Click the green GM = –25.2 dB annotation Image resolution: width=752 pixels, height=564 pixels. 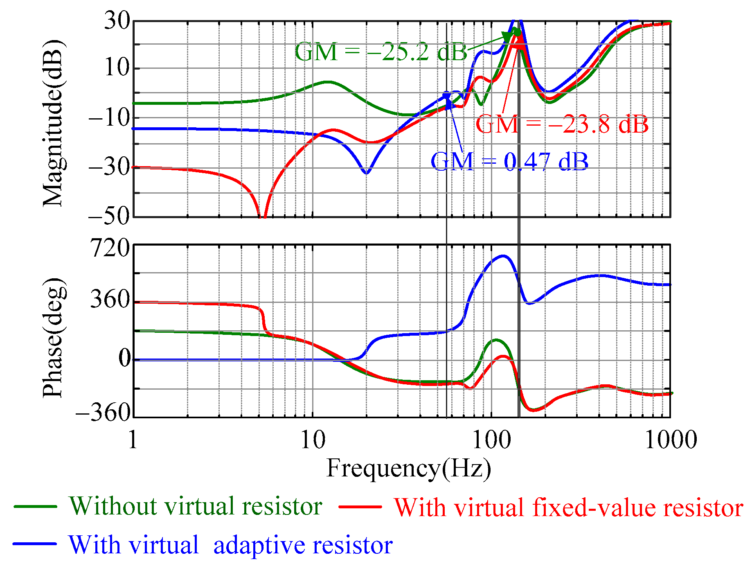381,52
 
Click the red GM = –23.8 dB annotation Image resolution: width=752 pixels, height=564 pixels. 562,124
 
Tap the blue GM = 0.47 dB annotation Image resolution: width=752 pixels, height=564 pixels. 509,161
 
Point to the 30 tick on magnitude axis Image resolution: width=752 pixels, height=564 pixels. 117,20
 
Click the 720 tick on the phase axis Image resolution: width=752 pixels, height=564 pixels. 110,248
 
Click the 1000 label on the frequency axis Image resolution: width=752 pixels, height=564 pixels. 670,440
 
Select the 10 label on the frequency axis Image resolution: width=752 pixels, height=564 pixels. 313,440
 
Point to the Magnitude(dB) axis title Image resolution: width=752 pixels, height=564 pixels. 54,123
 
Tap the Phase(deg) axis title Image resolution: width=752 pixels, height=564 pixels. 54,338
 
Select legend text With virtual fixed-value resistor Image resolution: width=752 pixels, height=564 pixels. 568,508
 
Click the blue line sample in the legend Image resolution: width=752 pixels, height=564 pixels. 35,544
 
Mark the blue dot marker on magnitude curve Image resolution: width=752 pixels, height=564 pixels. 446,95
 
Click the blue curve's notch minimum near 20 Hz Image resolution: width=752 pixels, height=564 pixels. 367,173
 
